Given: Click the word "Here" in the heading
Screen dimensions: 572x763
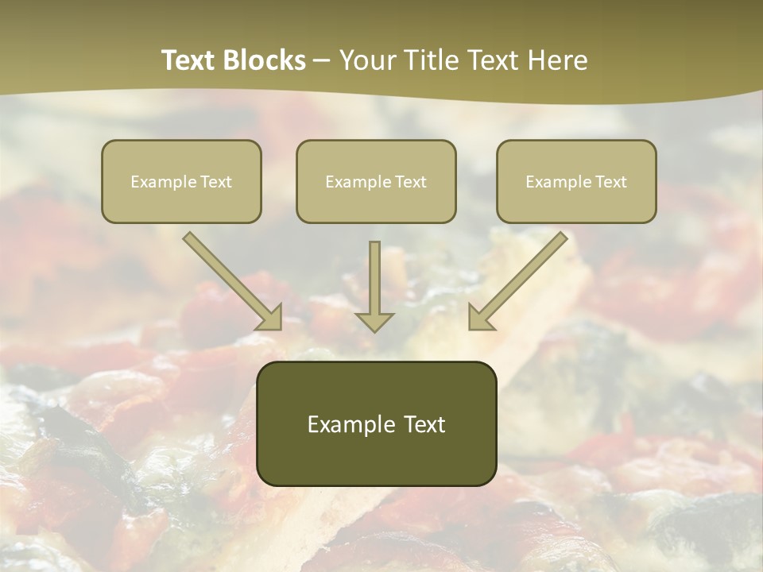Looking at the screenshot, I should [559, 60].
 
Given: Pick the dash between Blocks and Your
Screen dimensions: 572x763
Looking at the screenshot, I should [322, 60].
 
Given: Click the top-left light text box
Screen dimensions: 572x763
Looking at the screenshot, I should [181, 182].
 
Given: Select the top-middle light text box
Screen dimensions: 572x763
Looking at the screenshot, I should [376, 182].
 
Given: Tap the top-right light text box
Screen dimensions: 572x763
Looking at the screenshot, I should [576, 182].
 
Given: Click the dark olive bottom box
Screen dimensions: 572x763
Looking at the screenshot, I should [376, 423].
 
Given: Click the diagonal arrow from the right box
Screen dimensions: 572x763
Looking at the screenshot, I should [521, 278].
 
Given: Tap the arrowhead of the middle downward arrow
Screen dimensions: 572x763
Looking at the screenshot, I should [375, 321].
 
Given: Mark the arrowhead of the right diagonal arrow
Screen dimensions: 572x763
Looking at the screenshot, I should [482, 318].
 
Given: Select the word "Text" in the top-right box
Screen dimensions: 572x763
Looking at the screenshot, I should [610, 182].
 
